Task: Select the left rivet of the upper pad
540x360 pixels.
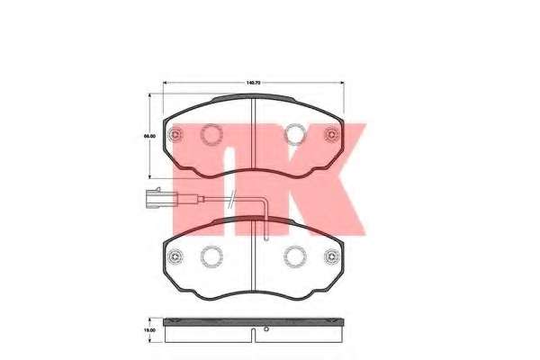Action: (x=177, y=136)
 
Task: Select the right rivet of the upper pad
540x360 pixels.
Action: (x=329, y=136)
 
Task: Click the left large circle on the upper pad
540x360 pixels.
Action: (x=212, y=136)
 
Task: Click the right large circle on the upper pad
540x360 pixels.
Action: (x=294, y=136)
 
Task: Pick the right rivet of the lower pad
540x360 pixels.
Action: (x=329, y=256)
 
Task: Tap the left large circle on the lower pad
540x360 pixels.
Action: (x=212, y=256)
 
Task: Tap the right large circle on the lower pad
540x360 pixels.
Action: (x=294, y=256)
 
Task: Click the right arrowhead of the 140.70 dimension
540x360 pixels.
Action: (x=343, y=83)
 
